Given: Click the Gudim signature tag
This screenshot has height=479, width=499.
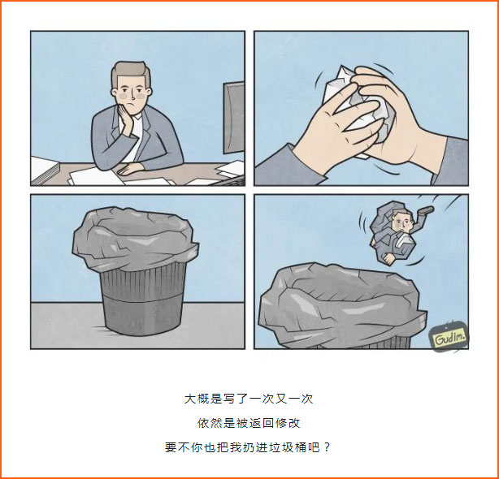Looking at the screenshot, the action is (449, 338).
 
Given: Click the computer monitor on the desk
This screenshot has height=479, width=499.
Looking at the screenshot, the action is (233, 118).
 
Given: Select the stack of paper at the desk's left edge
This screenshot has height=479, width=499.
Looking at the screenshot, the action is (45, 170).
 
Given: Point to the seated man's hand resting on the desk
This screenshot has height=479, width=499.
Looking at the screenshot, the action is (129, 168).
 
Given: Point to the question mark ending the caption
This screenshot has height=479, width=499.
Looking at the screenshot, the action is (327, 447).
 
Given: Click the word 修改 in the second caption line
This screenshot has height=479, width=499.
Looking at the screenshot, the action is (288, 423).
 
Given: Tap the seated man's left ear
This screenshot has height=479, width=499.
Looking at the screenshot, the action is (115, 93).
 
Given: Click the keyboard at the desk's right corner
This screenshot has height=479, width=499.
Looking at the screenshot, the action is (229, 180).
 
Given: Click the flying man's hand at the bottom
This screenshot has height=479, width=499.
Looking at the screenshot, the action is (388, 259).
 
